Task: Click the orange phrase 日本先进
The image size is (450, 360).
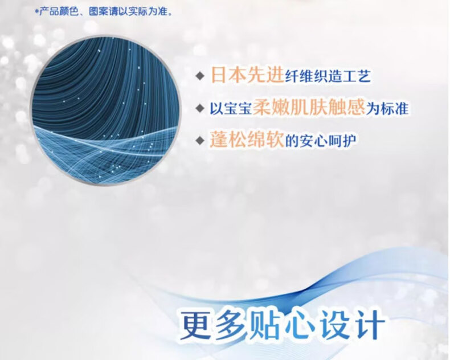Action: point(247,75)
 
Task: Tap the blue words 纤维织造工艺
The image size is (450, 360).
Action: point(328,76)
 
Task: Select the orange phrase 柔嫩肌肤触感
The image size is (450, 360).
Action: point(309,107)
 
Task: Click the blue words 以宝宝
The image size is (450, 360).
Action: point(231,109)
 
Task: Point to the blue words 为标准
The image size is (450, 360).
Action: point(387,109)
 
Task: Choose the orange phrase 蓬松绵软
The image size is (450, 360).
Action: point(247,139)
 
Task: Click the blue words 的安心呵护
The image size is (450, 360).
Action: point(321,141)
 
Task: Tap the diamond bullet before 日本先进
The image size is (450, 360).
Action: point(200,76)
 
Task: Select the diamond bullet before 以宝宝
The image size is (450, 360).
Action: point(200,109)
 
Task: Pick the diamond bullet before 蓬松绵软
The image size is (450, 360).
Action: point(200,141)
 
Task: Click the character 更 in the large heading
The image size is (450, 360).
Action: point(197,324)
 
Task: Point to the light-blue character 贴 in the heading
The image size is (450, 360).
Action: point(265,324)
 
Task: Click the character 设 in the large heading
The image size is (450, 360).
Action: point(335,324)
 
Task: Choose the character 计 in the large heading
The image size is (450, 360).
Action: point(369,324)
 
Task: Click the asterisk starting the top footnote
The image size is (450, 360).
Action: point(36,11)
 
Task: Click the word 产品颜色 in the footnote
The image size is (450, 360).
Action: point(59,12)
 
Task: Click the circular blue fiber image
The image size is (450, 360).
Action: point(107,111)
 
